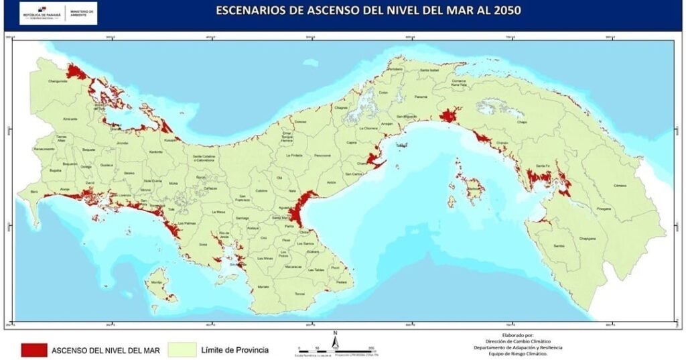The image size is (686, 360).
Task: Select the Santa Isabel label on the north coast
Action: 429,70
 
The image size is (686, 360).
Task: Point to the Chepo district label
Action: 523,123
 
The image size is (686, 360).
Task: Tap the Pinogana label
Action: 604,208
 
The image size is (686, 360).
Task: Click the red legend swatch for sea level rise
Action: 33,349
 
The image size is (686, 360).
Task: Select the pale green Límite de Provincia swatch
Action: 183,349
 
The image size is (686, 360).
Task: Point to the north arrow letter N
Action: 334,333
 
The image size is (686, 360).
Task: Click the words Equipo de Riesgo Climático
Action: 514,354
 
